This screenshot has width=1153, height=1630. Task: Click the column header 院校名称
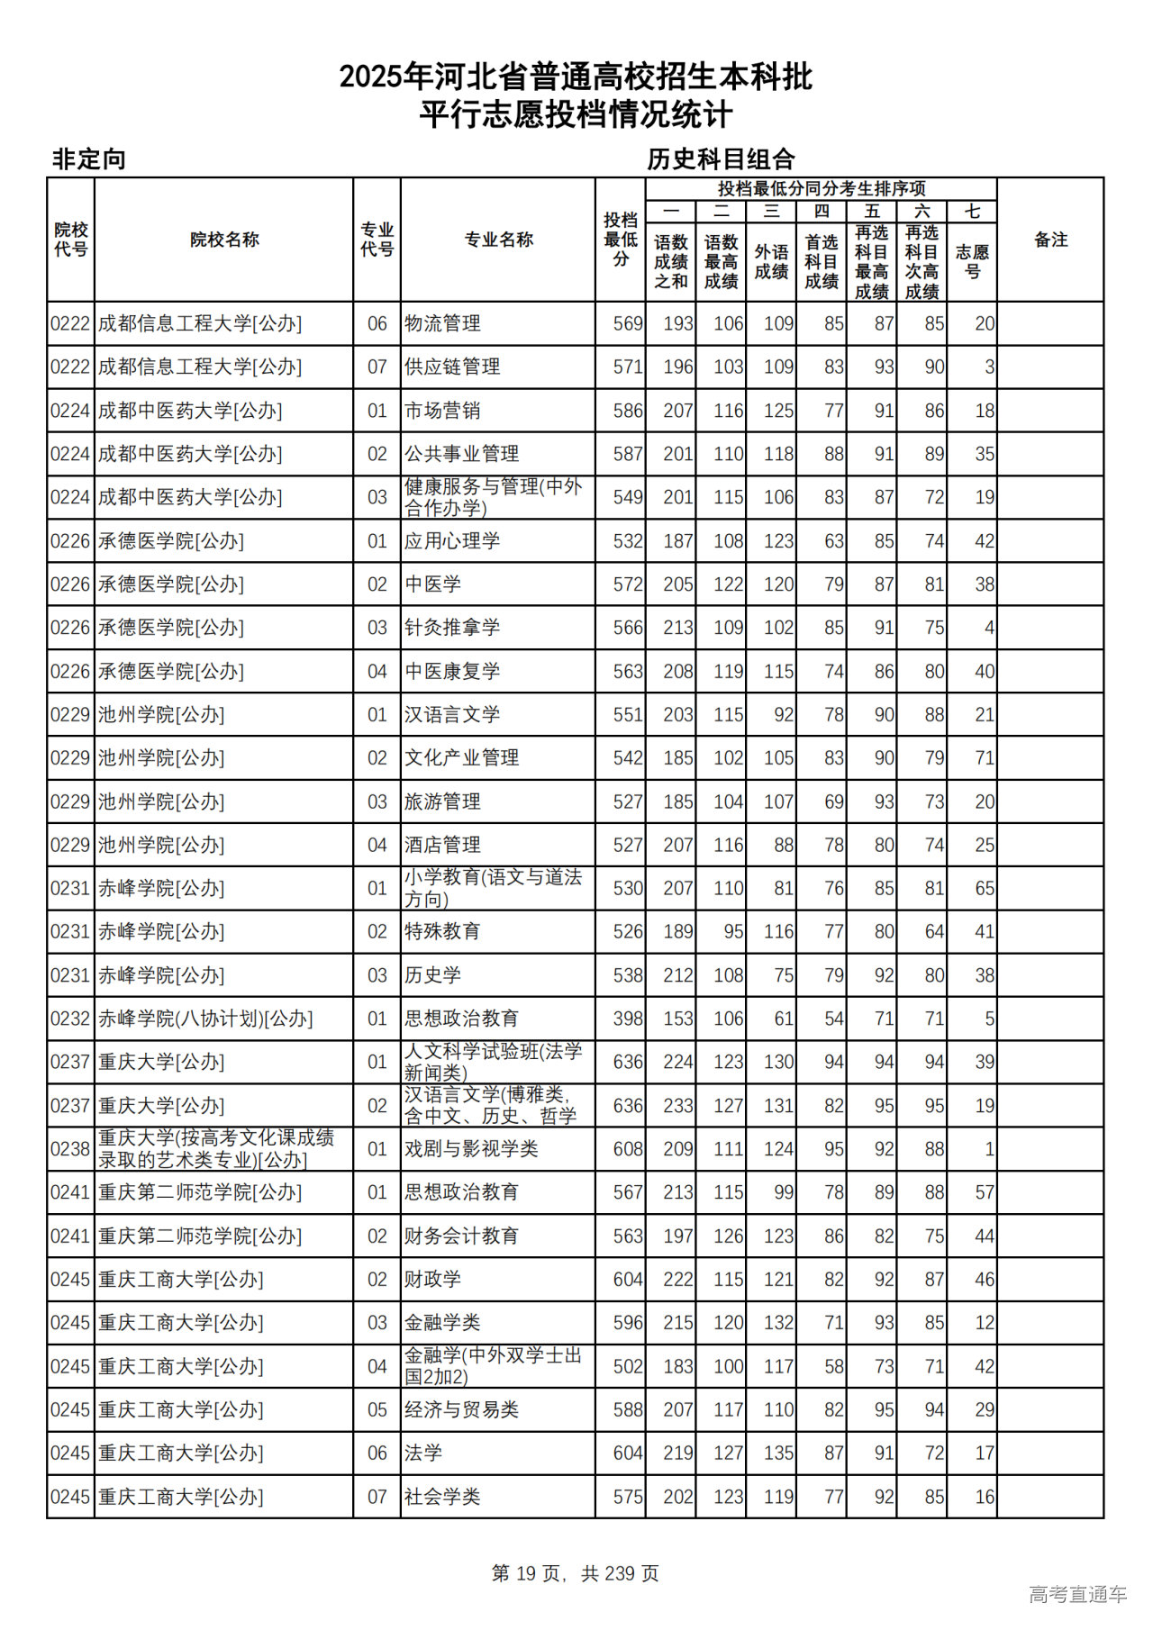click(224, 240)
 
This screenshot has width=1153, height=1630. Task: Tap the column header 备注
click(1050, 240)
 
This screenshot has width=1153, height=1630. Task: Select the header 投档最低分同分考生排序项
click(821, 188)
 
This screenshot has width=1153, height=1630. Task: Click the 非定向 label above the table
click(88, 159)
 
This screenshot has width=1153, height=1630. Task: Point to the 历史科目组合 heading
click(721, 159)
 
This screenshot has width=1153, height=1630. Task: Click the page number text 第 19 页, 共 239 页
click(575, 1572)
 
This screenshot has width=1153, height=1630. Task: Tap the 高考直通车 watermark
click(1077, 1594)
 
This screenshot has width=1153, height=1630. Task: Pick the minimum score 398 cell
click(628, 1019)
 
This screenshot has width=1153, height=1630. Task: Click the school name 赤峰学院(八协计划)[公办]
click(205, 1019)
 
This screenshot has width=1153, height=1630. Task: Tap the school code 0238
click(70, 1149)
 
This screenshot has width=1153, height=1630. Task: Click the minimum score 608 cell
click(628, 1149)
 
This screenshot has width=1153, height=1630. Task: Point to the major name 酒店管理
click(442, 845)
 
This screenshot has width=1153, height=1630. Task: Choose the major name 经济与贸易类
click(461, 1409)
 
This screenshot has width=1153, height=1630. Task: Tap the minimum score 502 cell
click(628, 1366)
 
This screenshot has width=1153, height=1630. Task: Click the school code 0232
click(70, 1019)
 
